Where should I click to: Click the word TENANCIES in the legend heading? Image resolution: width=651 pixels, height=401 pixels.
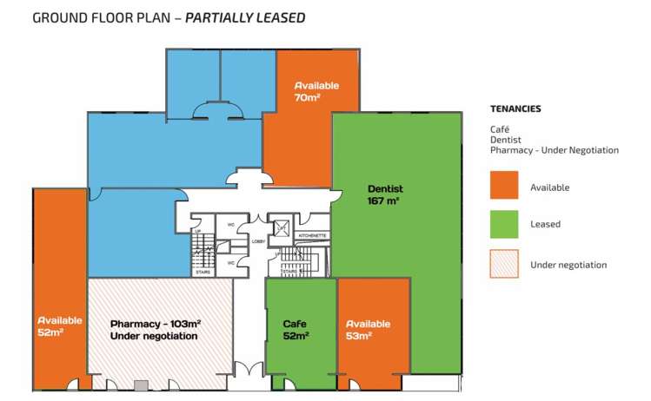click(x=515, y=109)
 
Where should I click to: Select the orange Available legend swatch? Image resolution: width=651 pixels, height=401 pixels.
click(x=504, y=186)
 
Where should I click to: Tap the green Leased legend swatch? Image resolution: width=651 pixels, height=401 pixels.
click(x=504, y=224)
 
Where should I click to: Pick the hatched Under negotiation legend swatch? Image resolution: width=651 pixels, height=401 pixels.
click(x=504, y=264)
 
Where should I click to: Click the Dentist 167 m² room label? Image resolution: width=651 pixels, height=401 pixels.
click(x=384, y=194)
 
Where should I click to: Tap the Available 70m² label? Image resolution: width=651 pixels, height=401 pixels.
click(x=316, y=92)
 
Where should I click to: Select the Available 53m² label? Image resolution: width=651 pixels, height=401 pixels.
click(x=368, y=330)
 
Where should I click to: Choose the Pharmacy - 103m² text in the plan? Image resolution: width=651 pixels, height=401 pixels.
click(x=155, y=324)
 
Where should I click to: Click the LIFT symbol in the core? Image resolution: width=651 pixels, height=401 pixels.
click(x=282, y=228)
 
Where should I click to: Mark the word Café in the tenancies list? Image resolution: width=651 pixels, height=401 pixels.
click(x=499, y=128)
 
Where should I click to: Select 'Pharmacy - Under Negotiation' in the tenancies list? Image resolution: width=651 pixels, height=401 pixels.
click(x=554, y=150)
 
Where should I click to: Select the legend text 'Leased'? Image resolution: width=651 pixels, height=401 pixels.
click(x=545, y=225)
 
